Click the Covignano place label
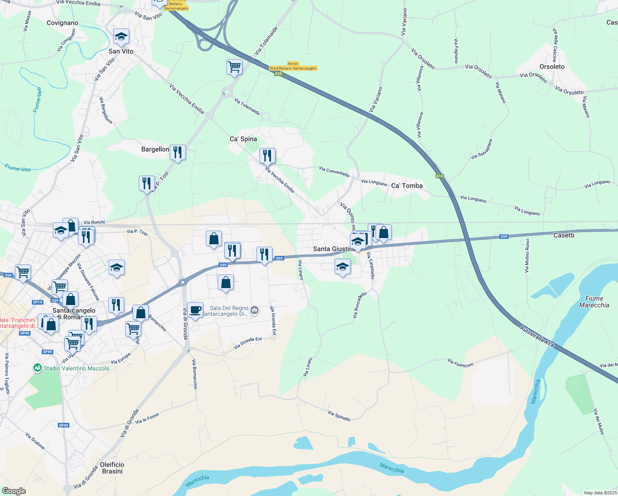tap(62, 23)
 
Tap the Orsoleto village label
tap(552, 67)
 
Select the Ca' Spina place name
tap(243, 139)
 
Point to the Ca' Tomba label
tap(407, 186)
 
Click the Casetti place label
tap(564, 235)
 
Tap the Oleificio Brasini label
tap(112, 468)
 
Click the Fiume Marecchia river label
tap(594, 302)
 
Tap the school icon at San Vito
tap(121, 37)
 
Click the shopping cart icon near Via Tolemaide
tap(234, 66)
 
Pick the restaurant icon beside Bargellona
tap(178, 152)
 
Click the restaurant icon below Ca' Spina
tap(267, 155)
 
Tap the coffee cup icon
tap(195, 310)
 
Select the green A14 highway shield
tap(440, 176)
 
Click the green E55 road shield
tap(278, 74)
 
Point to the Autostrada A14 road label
tap(537, 336)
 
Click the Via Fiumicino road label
tap(460, 363)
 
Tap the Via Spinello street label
tap(339, 416)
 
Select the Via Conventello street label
tap(334, 172)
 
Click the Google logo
tap(14, 491)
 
